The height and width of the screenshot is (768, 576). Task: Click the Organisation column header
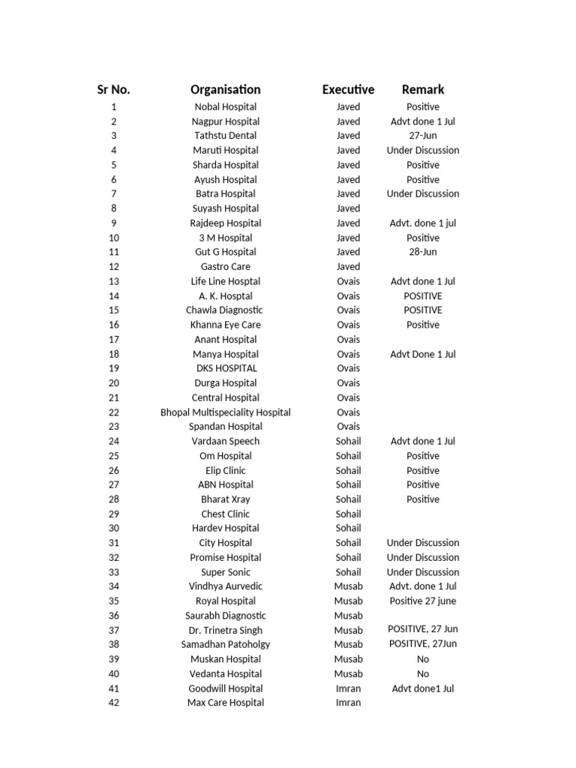[225, 90]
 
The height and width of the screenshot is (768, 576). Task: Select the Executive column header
[348, 90]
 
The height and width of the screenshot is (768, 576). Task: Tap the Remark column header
[423, 90]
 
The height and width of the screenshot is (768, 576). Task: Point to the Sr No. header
[113, 90]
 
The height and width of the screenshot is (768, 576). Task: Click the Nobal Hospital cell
[225, 107]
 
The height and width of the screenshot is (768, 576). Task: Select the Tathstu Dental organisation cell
[225, 136]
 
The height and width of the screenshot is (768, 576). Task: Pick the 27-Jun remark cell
[423, 136]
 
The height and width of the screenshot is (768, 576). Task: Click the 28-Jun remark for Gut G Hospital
[423, 252]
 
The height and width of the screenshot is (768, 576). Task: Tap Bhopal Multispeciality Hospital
[225, 412]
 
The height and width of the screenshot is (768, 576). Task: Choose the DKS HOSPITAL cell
[225, 368]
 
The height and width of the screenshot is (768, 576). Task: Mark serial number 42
[113, 703]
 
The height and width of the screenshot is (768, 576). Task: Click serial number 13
[113, 281]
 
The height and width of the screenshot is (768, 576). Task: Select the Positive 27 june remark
[423, 601]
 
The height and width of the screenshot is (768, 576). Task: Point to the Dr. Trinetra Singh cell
[225, 630]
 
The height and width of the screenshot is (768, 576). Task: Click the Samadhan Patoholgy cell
[225, 644]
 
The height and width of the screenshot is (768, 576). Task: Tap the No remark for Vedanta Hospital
[423, 673]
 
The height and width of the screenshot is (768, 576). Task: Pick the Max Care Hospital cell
[225, 703]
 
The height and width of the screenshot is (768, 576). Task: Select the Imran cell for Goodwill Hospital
[348, 688]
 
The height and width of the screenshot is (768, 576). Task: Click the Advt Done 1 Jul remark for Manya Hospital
[423, 354]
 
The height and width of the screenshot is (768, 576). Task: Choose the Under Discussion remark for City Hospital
[423, 543]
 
